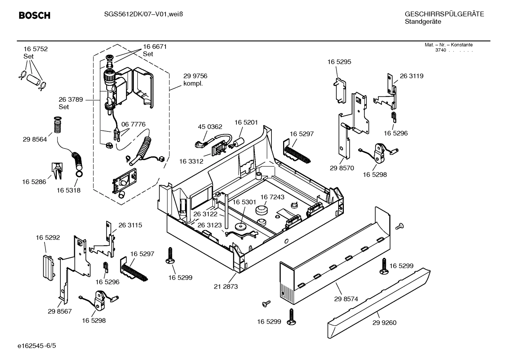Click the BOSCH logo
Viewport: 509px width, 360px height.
[34, 16]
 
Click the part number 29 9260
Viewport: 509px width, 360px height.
[384, 323]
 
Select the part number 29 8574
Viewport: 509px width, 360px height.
[346, 299]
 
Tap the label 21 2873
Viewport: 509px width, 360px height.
[226, 287]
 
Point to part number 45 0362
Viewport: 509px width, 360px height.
[210, 127]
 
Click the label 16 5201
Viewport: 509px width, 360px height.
[246, 122]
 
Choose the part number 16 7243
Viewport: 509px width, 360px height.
[273, 197]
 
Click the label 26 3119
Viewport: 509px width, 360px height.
[412, 76]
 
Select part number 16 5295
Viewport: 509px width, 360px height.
[339, 62]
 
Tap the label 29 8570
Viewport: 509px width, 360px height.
[342, 168]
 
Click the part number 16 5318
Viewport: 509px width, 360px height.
[68, 190]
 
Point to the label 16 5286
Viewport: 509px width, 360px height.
[34, 182]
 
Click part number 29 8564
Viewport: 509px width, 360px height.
[35, 140]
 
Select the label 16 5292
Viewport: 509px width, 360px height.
[48, 238]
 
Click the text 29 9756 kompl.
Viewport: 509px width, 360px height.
[195, 80]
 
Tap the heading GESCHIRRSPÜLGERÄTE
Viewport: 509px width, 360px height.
[444, 14]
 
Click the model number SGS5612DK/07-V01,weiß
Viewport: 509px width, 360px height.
[143, 14]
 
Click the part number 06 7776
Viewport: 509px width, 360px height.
[133, 124]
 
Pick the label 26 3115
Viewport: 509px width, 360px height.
[130, 225]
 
